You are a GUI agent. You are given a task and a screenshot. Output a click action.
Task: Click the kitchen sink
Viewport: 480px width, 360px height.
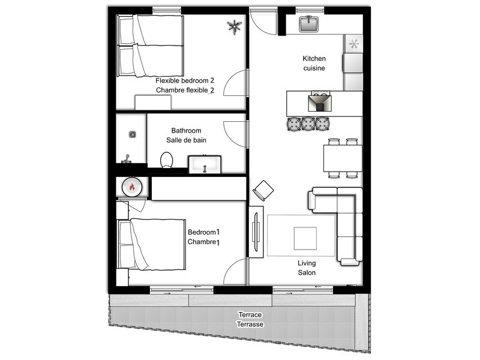[308, 24]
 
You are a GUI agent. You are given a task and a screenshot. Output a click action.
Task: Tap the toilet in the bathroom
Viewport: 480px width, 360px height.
[167, 160]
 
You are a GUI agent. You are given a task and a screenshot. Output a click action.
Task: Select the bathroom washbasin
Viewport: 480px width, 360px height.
[205, 164]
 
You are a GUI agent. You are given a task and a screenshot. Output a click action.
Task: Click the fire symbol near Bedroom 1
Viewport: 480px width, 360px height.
[132, 187]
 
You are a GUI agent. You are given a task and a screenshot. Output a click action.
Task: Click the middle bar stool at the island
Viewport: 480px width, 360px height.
[308, 124]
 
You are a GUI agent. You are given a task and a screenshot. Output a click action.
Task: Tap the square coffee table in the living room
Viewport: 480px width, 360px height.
[305, 238]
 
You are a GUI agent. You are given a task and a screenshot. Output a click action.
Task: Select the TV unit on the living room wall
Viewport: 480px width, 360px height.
[256, 232]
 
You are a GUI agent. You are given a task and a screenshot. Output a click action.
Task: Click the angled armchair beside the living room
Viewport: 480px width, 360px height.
[263, 190]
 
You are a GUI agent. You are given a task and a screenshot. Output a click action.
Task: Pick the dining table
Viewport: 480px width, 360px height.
[343, 158]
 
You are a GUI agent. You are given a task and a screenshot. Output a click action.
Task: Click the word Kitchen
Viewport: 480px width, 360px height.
[314, 58]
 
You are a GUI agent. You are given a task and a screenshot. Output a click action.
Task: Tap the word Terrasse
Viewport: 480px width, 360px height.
[250, 324]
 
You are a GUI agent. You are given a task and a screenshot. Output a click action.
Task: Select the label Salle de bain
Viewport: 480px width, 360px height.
[186, 140]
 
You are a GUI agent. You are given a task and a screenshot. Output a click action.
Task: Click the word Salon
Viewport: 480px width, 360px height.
[307, 272]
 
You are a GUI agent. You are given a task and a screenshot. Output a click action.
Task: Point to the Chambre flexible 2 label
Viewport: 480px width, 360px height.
[185, 90]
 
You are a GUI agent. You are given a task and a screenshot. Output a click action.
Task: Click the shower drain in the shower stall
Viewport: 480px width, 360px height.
[132, 134]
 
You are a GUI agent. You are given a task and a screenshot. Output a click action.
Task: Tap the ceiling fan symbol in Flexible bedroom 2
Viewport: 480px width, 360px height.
[235, 26]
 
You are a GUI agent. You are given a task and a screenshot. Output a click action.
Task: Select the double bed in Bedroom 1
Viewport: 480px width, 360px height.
[152, 245]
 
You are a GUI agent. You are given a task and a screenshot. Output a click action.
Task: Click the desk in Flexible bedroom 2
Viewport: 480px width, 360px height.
[153, 102]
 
